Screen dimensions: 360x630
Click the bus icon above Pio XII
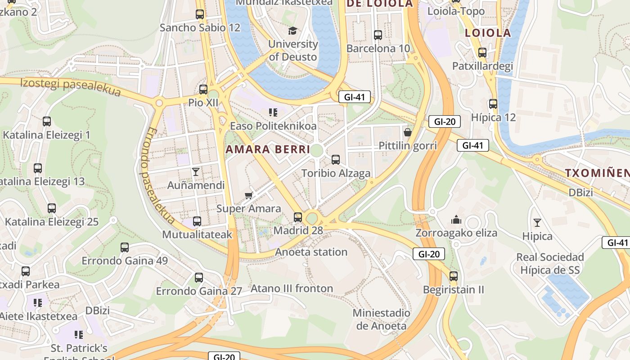coord(203,89)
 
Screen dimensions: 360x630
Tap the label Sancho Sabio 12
coord(200,27)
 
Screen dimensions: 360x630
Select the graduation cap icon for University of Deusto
coord(293,31)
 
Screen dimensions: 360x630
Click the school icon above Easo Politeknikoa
coord(273,112)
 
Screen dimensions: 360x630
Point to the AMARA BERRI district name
coord(268,149)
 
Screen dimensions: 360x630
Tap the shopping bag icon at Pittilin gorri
coord(407,132)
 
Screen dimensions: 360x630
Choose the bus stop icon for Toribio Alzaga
coord(336,159)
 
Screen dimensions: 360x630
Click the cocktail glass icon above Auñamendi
coord(196,171)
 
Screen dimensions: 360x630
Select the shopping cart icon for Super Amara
coord(249,195)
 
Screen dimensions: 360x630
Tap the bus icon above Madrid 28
coord(298,217)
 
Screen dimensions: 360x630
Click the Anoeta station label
coord(311,252)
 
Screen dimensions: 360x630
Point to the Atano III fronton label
coord(292,288)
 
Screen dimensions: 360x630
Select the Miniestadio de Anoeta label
coord(381,319)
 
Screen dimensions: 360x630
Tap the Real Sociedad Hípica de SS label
coord(550,264)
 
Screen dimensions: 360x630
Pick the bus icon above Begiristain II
coord(453,276)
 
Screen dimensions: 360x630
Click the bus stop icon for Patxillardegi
coord(482,53)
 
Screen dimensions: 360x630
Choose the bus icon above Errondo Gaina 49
coord(125,247)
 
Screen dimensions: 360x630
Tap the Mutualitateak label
coord(197,234)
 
